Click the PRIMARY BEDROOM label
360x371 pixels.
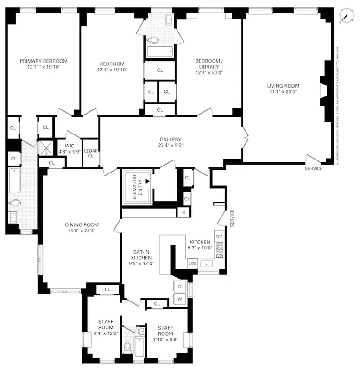coord(44,61)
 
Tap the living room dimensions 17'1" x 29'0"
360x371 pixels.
coord(283,92)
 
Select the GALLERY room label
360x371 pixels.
coord(170,139)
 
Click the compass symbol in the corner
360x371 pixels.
coord(345,16)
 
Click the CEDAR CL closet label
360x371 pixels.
coord(90,153)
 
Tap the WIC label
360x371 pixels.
coord(63,146)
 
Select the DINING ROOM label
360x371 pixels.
coord(82,225)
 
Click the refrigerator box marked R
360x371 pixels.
coord(183,213)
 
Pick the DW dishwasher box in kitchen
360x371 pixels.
coord(192,263)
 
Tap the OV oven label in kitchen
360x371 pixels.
coord(219,237)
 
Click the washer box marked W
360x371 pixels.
coord(180,299)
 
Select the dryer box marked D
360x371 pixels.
coord(180,287)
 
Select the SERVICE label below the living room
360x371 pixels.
coord(313,168)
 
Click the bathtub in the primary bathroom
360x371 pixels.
coord(14,180)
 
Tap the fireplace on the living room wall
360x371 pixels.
coord(322,91)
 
